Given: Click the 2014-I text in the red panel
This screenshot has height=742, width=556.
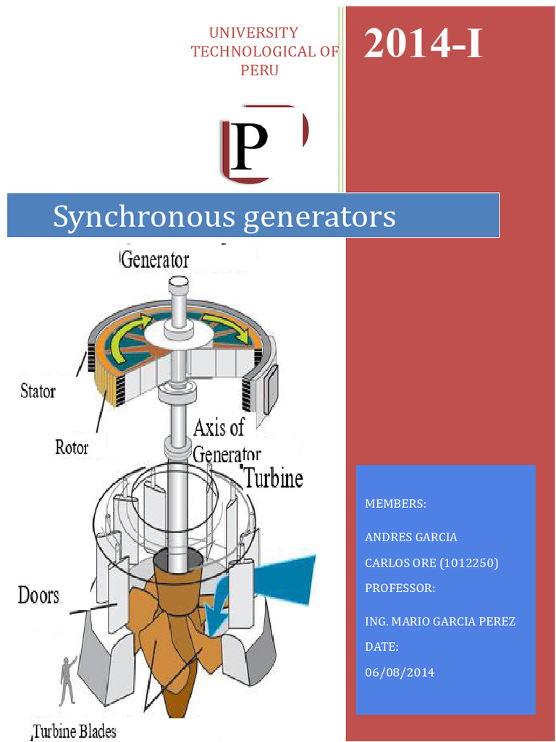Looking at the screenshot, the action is [x=423, y=44].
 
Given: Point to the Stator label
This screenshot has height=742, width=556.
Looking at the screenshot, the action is [x=37, y=391].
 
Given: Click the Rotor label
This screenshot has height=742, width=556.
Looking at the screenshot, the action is [x=72, y=447].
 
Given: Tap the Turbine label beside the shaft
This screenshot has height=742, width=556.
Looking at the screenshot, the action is [x=273, y=478].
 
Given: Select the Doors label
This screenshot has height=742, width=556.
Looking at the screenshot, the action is [x=38, y=596].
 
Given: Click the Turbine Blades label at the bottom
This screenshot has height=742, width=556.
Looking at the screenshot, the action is [x=75, y=731].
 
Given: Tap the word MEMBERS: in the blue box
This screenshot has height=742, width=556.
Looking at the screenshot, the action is [x=395, y=504].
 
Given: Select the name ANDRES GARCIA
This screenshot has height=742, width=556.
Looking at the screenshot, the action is [x=411, y=537].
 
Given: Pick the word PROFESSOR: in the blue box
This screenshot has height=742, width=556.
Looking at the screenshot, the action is [x=400, y=588].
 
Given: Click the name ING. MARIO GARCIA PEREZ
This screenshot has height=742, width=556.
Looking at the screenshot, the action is [x=440, y=621].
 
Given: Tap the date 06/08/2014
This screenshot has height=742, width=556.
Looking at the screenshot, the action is [x=400, y=672].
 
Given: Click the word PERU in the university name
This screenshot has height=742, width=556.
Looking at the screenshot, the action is [x=259, y=70].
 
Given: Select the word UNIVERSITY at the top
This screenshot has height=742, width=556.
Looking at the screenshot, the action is [x=253, y=33].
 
